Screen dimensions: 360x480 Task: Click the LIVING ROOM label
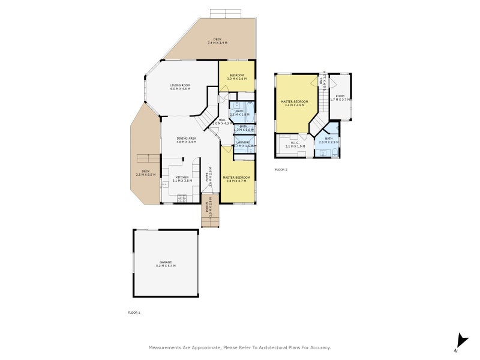pyautogui.click(x=180, y=87)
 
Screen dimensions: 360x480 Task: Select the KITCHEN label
pyautogui.click(x=182, y=178)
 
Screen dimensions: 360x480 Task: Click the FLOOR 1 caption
pyautogui.click(x=134, y=313)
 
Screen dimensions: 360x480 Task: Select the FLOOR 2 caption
pyautogui.click(x=281, y=170)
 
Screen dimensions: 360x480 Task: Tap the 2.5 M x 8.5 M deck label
pyautogui.click(x=145, y=173)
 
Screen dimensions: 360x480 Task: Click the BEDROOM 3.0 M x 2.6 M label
pyautogui.click(x=236, y=77)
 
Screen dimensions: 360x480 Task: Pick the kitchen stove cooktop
pyautogui.click(x=181, y=198)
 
